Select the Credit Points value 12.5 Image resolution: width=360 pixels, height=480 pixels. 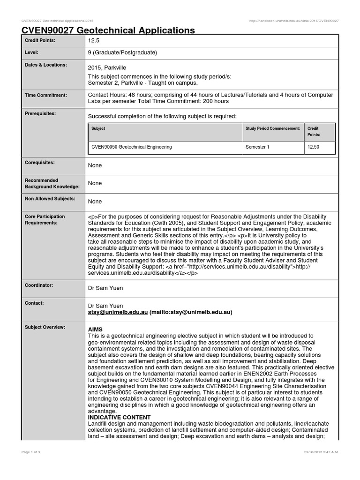coord(94,41)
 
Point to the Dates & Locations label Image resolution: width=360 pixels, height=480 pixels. coord(46,65)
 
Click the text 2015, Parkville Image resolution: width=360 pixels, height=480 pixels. coord(107,68)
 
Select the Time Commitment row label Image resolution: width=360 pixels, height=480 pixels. coord(46,95)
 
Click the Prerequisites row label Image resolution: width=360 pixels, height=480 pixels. coord(41,113)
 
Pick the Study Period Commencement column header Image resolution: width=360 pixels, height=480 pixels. coord(272,128)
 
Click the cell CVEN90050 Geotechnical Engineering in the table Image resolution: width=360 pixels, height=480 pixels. coord(132,147)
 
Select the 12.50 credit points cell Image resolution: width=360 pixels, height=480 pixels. coord(313,147)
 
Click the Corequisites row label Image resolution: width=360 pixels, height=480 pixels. coord(39,163)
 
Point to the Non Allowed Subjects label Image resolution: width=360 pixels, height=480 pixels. coord(50,199)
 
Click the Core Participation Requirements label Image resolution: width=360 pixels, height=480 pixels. coord(45,219)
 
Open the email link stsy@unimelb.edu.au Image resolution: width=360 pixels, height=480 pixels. coord(118,312)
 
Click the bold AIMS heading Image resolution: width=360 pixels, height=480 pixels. coord(95,330)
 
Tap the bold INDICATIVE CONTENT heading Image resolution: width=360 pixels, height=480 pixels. coord(119,417)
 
